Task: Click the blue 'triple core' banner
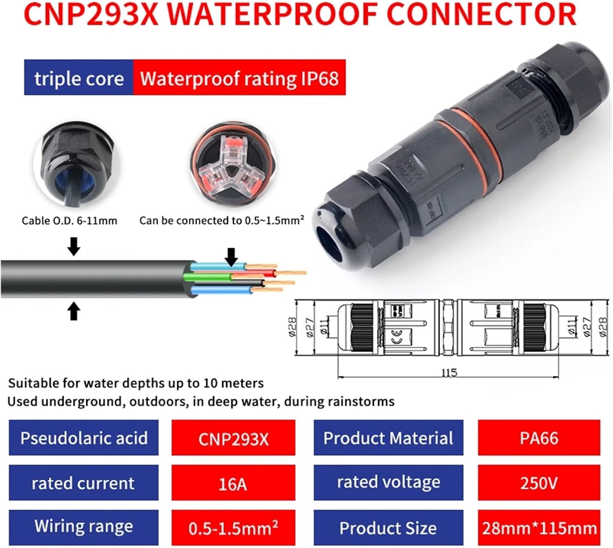78,78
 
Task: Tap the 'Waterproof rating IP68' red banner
239,78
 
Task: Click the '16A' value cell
233,483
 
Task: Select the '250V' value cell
539,483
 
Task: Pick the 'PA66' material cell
539,438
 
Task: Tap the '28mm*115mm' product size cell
539,528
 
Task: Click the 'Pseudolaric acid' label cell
84,438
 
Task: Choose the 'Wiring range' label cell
84,527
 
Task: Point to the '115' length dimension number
449,372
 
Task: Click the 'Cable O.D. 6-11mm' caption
69,221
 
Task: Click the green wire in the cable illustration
208,277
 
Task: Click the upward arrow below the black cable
74,311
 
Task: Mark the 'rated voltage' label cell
388,483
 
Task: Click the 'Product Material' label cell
388,438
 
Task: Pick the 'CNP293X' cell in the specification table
233,439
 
